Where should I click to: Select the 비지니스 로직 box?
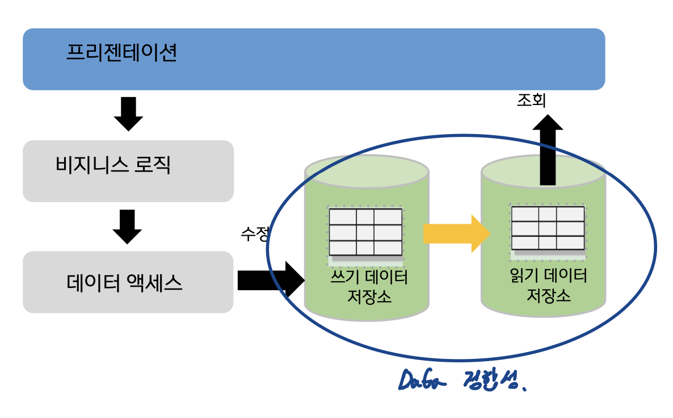tap(128, 171)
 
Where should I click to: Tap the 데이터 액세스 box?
tap(128, 282)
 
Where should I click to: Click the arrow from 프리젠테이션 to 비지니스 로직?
tap(128, 114)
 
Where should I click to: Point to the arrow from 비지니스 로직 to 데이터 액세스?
tap(127, 226)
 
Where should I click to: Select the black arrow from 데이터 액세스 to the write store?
tap(270, 279)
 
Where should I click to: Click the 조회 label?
tap(531, 101)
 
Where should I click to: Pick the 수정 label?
tap(254, 234)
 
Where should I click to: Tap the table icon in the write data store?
tap(365, 232)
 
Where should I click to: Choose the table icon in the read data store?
tap(548, 228)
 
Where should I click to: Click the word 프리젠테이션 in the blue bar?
tap(122, 53)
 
